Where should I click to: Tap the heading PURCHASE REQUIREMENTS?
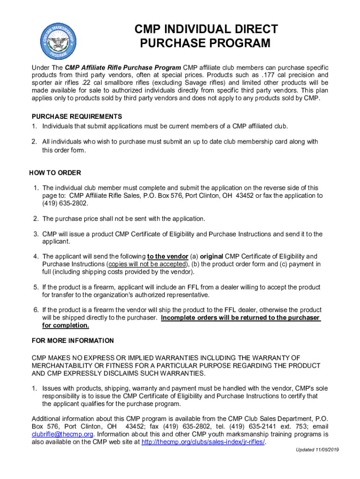pyautogui.click(x=77, y=116)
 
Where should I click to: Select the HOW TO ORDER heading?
pyautogui.click(x=55, y=173)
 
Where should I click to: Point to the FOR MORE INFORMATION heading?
pyautogui.click(x=72, y=341)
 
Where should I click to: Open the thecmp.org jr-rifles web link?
pyautogui.click(x=203, y=442)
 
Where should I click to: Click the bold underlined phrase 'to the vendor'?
pyautogui.click(x=168, y=256)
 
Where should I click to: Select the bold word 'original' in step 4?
pyautogui.click(x=211, y=256)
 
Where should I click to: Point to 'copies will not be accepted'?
pyautogui.click(x=145, y=264)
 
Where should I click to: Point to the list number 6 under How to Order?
pyautogui.click(x=36, y=310)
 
